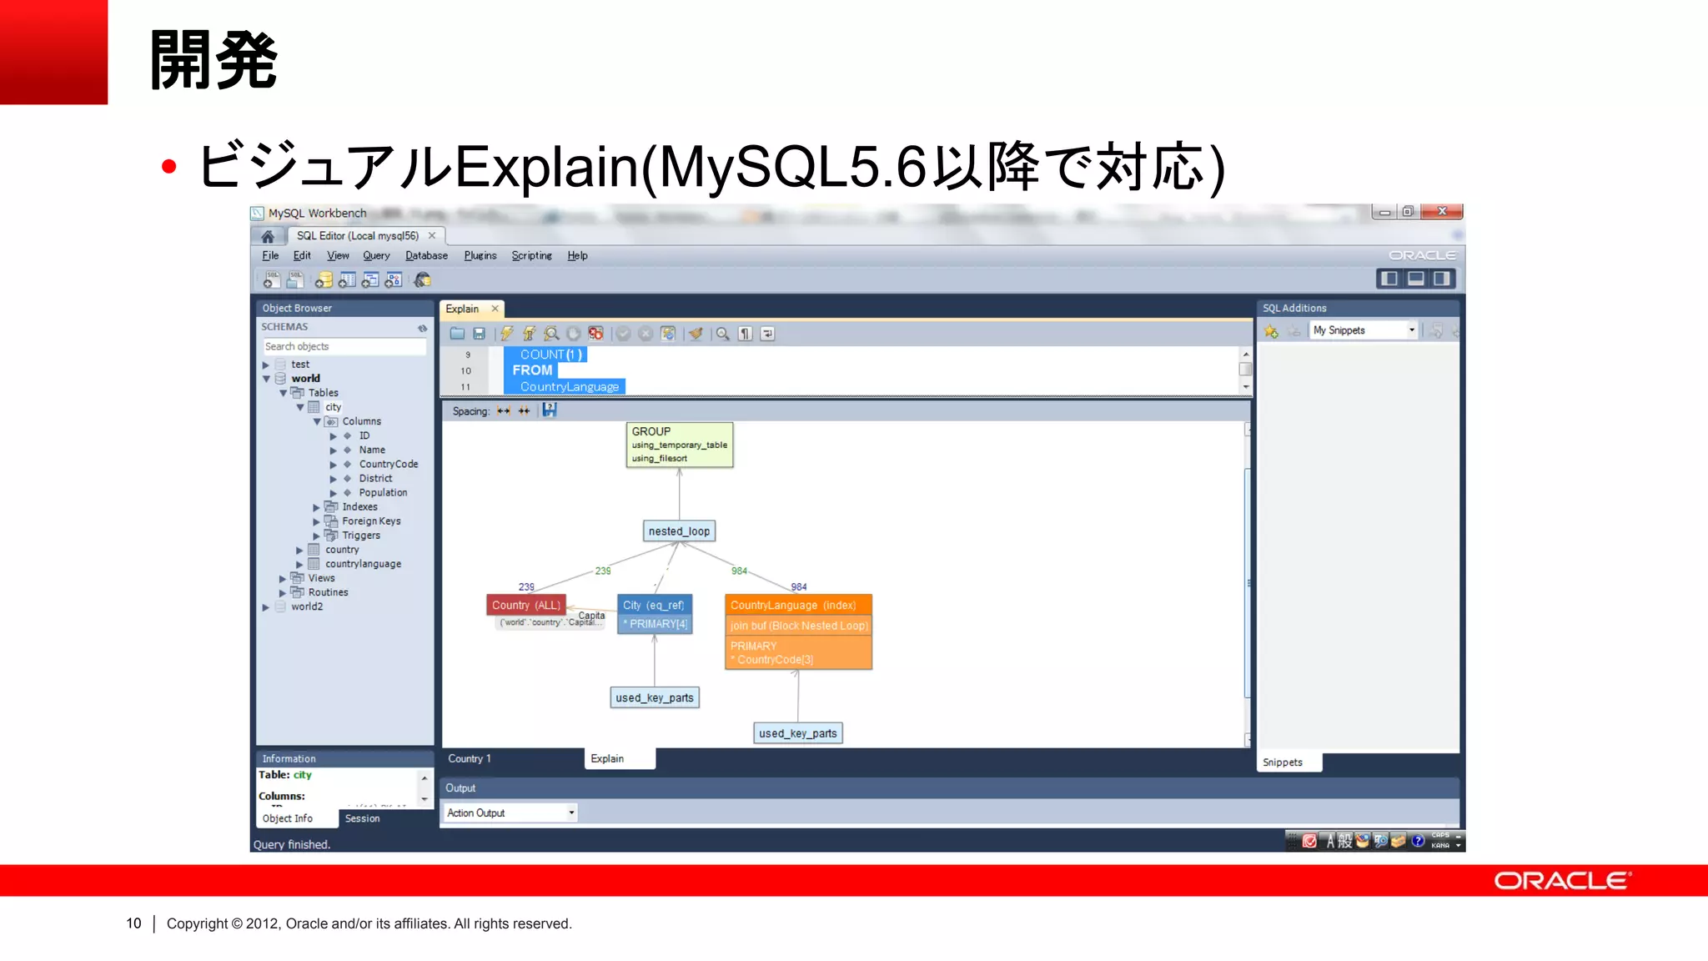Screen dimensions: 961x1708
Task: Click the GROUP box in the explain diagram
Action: (679, 445)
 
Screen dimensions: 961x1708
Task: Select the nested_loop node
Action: (679, 531)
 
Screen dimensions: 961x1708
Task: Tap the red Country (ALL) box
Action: (526, 605)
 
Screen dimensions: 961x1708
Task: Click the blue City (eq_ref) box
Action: (654, 605)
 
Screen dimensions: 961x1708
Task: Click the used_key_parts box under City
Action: (655, 697)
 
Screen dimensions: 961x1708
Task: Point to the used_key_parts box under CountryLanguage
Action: (798, 733)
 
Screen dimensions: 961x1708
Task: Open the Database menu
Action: (426, 256)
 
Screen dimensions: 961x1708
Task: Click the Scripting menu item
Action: (531, 256)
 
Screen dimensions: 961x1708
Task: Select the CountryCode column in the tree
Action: (388, 464)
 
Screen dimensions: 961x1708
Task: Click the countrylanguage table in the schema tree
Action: (363, 564)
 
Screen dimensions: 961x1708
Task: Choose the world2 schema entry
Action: (307, 606)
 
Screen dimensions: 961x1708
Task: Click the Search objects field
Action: (344, 346)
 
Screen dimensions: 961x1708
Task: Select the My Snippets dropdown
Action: (1363, 330)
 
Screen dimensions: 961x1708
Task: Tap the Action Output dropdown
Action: (510, 813)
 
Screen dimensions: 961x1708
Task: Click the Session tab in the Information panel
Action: (362, 818)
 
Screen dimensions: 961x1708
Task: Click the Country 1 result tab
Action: (470, 758)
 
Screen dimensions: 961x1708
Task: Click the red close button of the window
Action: (1442, 212)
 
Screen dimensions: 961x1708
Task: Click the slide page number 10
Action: (133, 923)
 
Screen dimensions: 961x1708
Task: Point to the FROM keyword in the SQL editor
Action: (532, 370)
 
